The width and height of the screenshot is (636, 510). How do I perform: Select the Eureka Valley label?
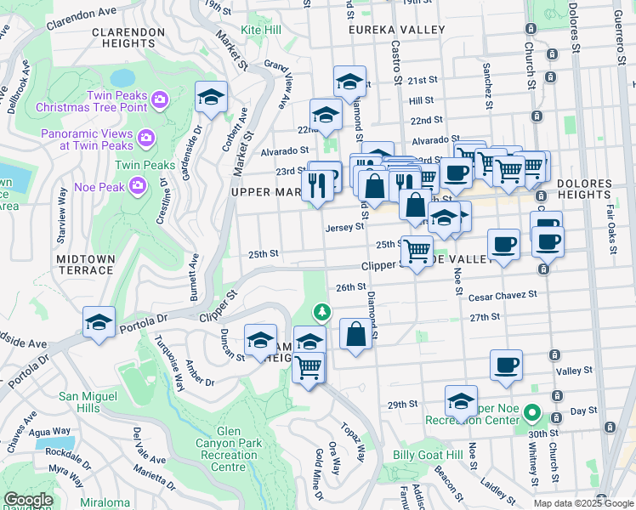click(390, 29)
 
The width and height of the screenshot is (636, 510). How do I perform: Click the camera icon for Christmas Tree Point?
click(160, 101)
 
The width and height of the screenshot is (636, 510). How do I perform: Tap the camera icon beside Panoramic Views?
click(146, 137)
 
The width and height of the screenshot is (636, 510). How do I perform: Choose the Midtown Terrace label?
click(85, 263)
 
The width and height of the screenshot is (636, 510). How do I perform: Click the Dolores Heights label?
click(596, 190)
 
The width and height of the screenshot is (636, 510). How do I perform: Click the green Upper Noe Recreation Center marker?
click(532, 414)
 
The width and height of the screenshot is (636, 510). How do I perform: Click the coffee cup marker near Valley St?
click(506, 365)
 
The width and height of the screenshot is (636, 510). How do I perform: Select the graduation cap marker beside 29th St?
click(461, 400)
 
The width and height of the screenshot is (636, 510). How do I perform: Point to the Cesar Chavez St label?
click(503, 295)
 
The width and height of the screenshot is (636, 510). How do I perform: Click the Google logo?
click(28, 500)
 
